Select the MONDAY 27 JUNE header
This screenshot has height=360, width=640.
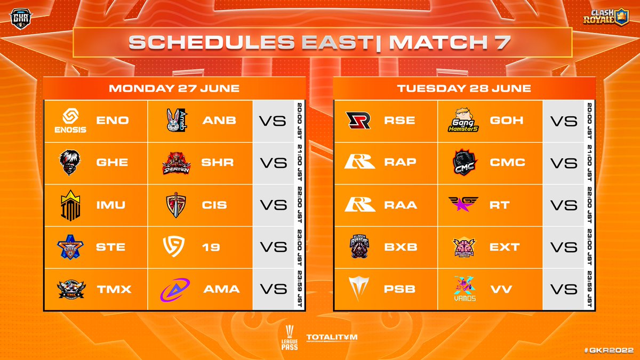click(174, 89)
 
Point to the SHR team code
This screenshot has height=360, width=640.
click(218, 163)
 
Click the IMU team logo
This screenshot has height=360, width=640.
click(70, 205)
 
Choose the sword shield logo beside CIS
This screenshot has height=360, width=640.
click(175, 205)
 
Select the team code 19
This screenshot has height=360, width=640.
click(211, 247)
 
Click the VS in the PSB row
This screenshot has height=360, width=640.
click(564, 289)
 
